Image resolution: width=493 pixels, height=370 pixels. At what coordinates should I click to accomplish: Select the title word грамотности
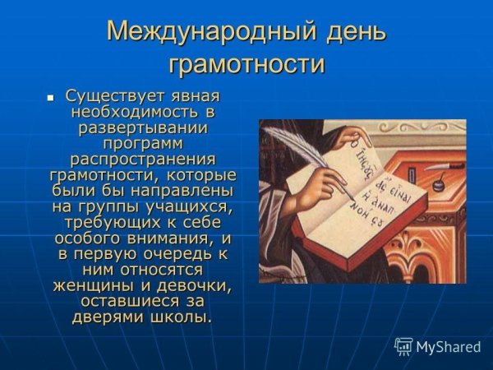[x=246, y=64]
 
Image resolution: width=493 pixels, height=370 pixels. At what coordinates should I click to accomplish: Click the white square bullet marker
[x=50, y=98]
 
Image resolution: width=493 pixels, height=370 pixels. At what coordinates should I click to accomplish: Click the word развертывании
[x=142, y=127]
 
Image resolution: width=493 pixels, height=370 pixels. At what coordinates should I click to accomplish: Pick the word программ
[x=142, y=143]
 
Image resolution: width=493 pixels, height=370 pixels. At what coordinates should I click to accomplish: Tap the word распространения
[x=142, y=159]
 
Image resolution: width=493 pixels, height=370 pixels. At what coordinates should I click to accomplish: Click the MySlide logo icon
[x=403, y=346]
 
